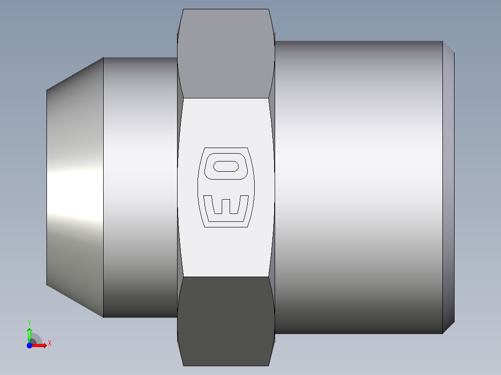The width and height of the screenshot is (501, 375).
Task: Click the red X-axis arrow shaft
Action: click(x=37, y=345)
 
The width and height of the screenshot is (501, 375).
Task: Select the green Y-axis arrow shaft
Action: click(x=29, y=336)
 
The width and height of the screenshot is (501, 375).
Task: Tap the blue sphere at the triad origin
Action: click(x=29, y=345)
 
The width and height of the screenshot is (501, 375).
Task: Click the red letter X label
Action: click(x=50, y=343)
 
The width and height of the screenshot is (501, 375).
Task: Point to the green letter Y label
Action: click(x=29, y=322)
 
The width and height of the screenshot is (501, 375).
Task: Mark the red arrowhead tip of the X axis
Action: click(x=46, y=345)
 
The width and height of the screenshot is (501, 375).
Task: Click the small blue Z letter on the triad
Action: click(x=29, y=342)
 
